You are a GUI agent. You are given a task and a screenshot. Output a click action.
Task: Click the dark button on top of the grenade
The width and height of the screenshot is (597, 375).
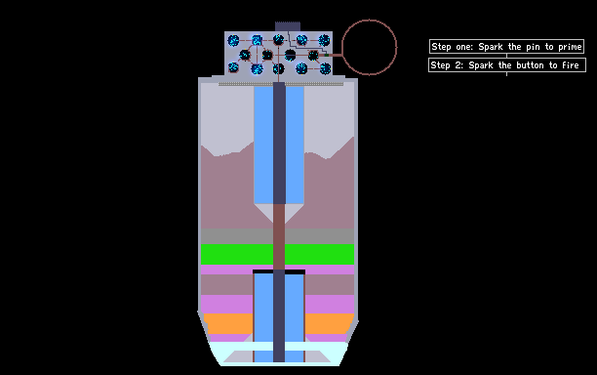coord(288,26)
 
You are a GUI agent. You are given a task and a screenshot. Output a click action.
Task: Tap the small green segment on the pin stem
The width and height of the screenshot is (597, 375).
coord(327,56)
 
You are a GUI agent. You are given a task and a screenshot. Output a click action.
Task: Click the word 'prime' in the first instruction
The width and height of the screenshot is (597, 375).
coord(570,47)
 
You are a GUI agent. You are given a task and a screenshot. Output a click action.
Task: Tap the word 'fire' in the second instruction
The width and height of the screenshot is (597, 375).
coord(571,65)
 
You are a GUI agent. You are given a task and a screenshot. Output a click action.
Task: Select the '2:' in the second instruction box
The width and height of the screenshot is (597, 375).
coord(459,65)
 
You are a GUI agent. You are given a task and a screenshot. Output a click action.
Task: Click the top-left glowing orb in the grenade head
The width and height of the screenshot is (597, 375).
coord(233,40)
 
